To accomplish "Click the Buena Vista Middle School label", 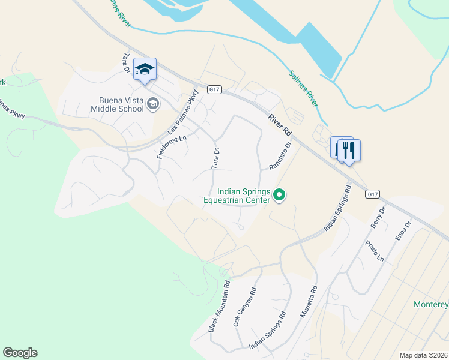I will click(117, 104).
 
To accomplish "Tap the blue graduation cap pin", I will click(144, 70).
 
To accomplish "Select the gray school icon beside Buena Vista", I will click(152, 104).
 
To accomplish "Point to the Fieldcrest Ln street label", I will click(163, 144).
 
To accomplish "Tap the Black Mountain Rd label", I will click(219, 307).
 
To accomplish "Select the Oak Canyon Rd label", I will click(244, 307).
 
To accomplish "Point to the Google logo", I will click(20, 353).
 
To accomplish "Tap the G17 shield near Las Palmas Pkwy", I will click(215, 89).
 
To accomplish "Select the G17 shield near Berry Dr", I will click(372, 194).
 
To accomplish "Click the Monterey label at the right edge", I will click(431, 304).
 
